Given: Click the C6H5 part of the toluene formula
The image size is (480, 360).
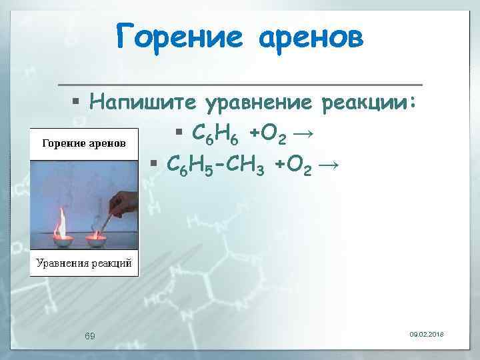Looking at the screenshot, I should [190, 163].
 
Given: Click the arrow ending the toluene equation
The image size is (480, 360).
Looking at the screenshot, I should [330, 163].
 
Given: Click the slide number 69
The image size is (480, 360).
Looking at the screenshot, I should [90, 335].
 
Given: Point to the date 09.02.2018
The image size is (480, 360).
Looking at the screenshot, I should [428, 333].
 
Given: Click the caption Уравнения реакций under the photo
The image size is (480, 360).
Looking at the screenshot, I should [84, 262].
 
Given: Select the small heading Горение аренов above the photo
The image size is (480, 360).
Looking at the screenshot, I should [84, 143].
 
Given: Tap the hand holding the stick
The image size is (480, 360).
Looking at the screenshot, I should [123, 200].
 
